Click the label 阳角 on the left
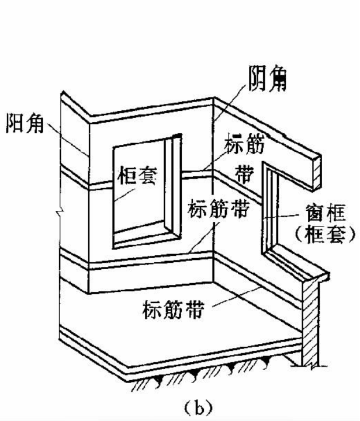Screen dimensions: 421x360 coord(24,123)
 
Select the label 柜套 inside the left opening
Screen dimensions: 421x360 coord(137,175)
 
